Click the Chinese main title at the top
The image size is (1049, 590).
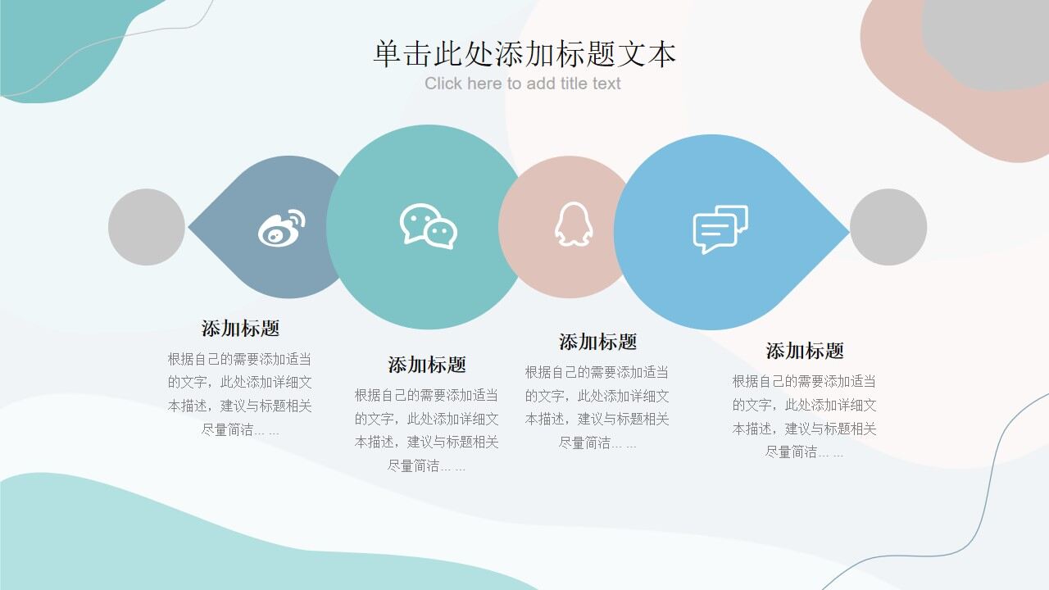pyautogui.click(x=524, y=54)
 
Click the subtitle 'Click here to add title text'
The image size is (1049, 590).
pyautogui.click(x=523, y=84)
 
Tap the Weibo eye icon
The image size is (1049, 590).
pyautogui.click(x=281, y=228)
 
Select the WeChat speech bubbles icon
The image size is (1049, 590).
pyautogui.click(x=428, y=226)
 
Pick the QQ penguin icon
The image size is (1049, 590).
pyautogui.click(x=573, y=225)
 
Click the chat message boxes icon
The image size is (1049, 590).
pyautogui.click(x=720, y=229)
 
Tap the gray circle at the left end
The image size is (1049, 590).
pyautogui.click(x=147, y=227)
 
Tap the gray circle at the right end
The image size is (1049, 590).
pyautogui.click(x=888, y=227)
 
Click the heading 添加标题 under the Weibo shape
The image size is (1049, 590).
pyautogui.click(x=241, y=329)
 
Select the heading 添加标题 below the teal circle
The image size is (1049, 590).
pyautogui.click(x=427, y=365)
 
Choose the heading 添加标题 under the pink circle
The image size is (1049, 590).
pyautogui.click(x=597, y=342)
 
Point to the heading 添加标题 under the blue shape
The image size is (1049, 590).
pyautogui.click(x=805, y=352)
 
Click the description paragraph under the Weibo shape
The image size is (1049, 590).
pyautogui.click(x=240, y=394)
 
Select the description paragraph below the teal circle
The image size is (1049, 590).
pyautogui.click(x=427, y=430)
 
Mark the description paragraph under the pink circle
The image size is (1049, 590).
pyautogui.click(x=597, y=407)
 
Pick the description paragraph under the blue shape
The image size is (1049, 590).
pyautogui.click(x=805, y=416)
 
